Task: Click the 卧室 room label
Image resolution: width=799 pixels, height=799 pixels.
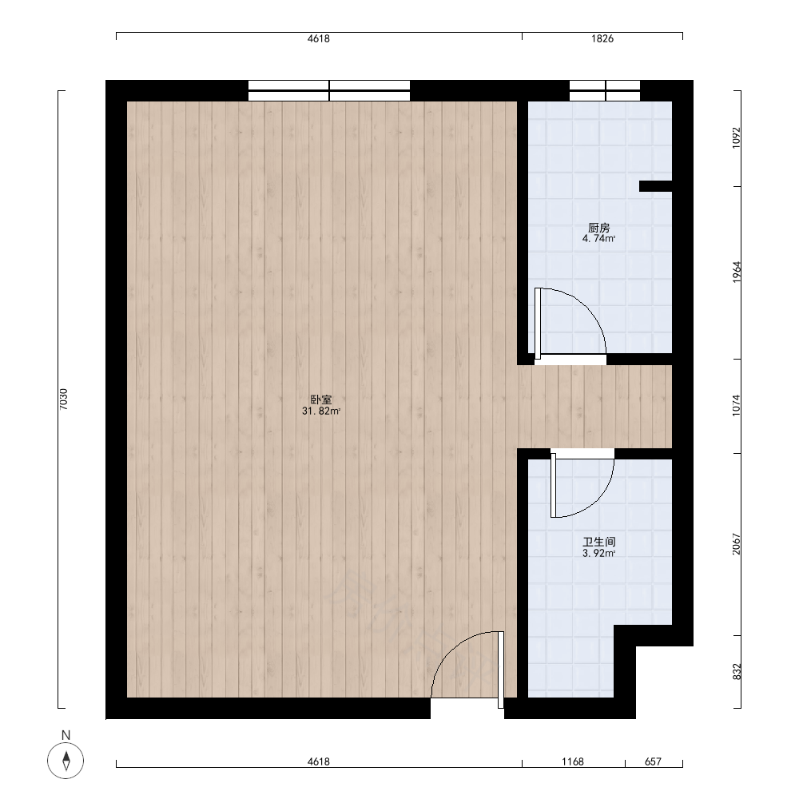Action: pyautogui.click(x=321, y=400)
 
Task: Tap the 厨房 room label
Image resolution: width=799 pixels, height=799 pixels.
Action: pyautogui.click(x=598, y=228)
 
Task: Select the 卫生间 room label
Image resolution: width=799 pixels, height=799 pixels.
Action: pyautogui.click(x=599, y=543)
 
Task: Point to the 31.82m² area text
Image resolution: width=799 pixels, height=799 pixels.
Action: pyautogui.click(x=321, y=411)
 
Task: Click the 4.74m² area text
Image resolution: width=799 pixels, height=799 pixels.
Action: pyautogui.click(x=598, y=238)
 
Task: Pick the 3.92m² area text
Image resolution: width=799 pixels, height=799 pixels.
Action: pyautogui.click(x=599, y=553)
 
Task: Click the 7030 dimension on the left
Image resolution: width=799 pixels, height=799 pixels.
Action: pyautogui.click(x=63, y=399)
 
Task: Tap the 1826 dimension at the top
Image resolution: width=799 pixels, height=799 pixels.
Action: pyautogui.click(x=602, y=38)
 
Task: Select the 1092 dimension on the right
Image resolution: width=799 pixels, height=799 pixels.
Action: pyautogui.click(x=737, y=137)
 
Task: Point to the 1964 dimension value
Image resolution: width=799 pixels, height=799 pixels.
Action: pyautogui.click(x=737, y=272)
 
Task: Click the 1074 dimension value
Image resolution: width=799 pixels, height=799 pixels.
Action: pyautogui.click(x=737, y=406)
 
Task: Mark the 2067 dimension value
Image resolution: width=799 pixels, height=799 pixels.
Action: pyautogui.click(x=737, y=544)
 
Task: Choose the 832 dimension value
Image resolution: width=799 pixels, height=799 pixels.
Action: pyautogui.click(x=737, y=672)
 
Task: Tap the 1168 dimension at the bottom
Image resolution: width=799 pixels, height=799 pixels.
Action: pyautogui.click(x=573, y=761)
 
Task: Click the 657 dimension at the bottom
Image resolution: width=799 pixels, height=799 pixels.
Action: pyautogui.click(x=653, y=761)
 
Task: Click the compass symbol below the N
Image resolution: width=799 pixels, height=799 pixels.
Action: pyautogui.click(x=66, y=761)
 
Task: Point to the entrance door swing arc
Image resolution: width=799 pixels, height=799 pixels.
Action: pyautogui.click(x=449, y=649)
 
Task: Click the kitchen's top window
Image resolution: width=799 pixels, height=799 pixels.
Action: pyautogui.click(x=605, y=91)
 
